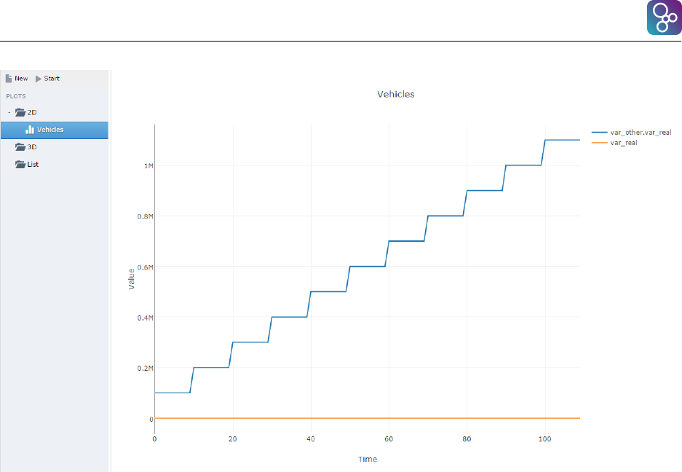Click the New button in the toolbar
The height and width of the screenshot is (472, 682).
pos(17,79)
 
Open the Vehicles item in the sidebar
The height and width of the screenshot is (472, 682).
pos(49,130)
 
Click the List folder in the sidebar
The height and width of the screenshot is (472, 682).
pos(31,165)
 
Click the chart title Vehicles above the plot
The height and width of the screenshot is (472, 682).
pos(395,94)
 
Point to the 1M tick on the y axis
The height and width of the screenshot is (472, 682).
pos(148,166)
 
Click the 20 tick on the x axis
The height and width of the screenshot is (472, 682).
pos(232,439)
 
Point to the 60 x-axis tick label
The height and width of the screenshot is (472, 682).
pos(388,439)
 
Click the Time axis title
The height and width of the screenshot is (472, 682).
pos(367,460)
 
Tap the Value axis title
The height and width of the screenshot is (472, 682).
pos(132,279)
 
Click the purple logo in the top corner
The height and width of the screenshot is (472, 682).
pos(663,18)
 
